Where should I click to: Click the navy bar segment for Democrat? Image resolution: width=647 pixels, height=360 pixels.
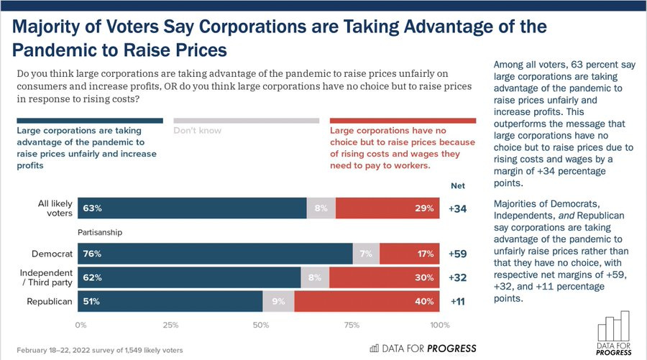coord(215,254)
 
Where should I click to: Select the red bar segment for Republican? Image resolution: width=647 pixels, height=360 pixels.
coord(367,302)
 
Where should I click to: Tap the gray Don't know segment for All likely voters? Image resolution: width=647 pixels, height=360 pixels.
coord(321,209)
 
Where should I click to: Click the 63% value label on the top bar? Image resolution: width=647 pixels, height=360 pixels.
coord(93,209)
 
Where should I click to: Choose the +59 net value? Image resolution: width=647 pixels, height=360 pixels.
coord(458,254)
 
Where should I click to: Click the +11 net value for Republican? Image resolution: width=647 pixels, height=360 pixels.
coord(458,302)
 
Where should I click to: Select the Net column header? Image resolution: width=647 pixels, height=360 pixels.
coord(458,185)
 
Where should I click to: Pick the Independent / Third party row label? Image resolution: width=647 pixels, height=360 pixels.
coord(47,277)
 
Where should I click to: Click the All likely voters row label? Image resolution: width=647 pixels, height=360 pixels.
coord(55,208)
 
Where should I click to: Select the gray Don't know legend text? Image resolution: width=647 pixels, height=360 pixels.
coord(197,131)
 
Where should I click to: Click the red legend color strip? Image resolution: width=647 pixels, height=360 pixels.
coord(403,121)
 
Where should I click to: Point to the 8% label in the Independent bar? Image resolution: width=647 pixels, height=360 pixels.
coord(315,277)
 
